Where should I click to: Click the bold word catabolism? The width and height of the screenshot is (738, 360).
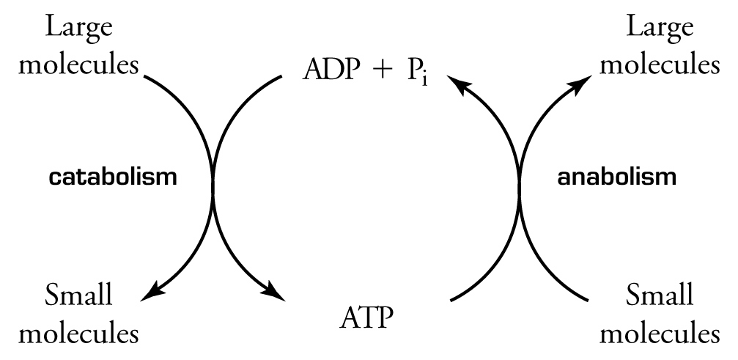click(113, 177)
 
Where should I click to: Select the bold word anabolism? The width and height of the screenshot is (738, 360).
click(616, 177)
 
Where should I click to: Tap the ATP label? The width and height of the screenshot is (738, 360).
click(366, 319)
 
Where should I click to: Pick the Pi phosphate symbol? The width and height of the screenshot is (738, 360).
click(418, 72)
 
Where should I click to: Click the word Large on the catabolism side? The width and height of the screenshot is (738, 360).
click(79, 29)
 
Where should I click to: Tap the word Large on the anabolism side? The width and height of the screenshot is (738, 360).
click(660, 29)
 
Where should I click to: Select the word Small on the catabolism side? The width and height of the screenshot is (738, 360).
click(79, 295)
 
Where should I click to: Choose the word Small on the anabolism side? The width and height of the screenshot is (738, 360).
click(660, 295)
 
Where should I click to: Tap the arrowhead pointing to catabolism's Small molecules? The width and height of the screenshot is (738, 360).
click(152, 293)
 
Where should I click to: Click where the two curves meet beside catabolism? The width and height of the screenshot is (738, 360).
click(214, 180)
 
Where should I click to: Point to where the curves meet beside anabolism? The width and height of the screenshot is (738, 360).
click(520, 180)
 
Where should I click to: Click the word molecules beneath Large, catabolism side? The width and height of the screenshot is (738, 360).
click(78, 65)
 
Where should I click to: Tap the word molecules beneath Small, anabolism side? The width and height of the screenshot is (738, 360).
click(660, 333)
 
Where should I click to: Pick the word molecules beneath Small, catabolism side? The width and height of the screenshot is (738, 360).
click(78, 333)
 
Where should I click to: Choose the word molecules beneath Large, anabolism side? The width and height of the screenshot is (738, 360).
click(660, 65)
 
